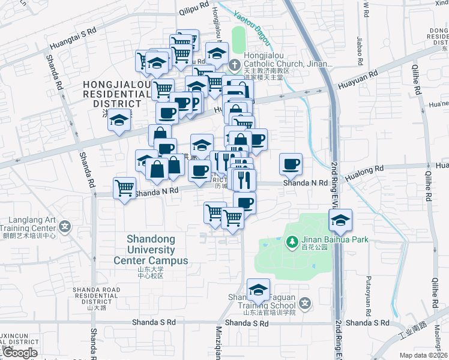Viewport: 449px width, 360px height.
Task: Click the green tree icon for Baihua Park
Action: (x=292, y=241)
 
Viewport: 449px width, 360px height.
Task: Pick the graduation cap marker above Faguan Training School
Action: (x=258, y=291)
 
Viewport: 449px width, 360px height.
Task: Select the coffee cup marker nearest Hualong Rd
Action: (x=291, y=163)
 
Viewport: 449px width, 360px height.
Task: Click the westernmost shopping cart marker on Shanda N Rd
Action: (x=124, y=188)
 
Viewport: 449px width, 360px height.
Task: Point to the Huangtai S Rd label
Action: (x=73, y=37)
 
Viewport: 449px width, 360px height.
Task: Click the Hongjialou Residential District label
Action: (x=117, y=94)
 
